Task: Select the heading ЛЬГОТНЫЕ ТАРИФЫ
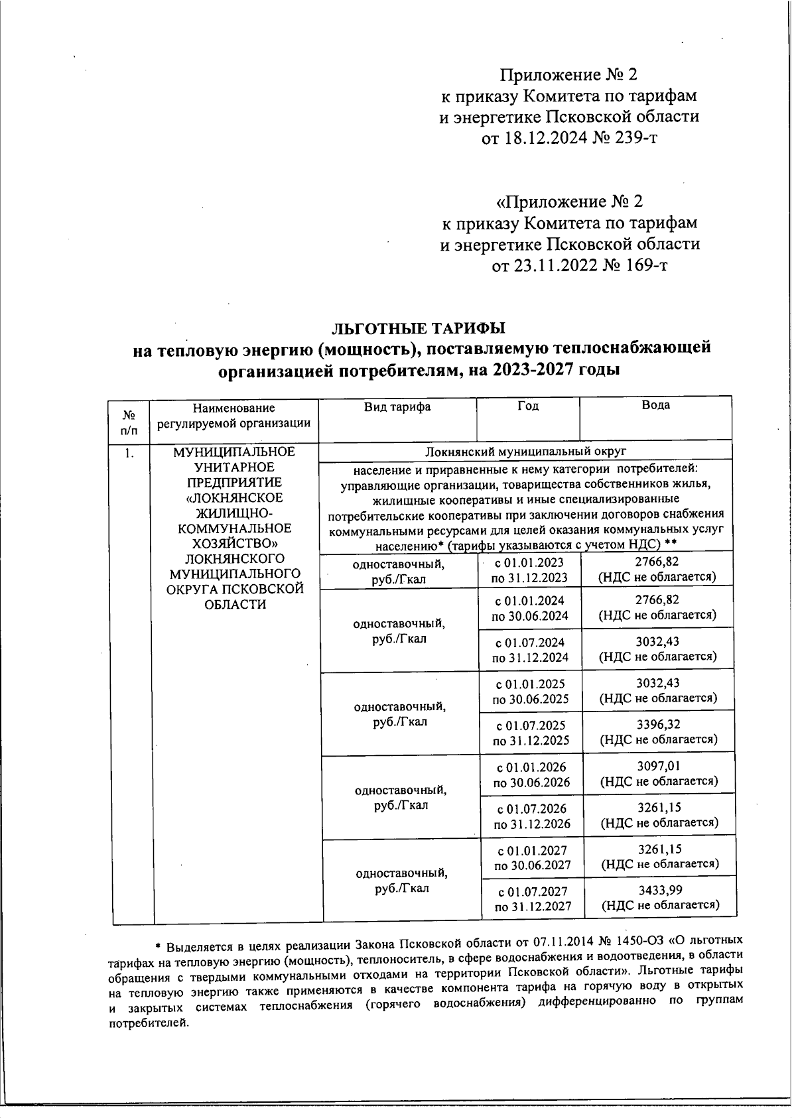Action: tap(418, 328)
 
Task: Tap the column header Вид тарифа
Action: tap(397, 406)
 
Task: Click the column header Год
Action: tap(527, 406)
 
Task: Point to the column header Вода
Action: tap(655, 405)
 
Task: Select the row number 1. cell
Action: tap(129, 454)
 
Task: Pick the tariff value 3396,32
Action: tap(659, 724)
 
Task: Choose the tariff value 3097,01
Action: tap(659, 766)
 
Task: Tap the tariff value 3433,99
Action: tap(660, 889)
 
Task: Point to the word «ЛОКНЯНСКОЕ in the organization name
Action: tap(234, 497)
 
